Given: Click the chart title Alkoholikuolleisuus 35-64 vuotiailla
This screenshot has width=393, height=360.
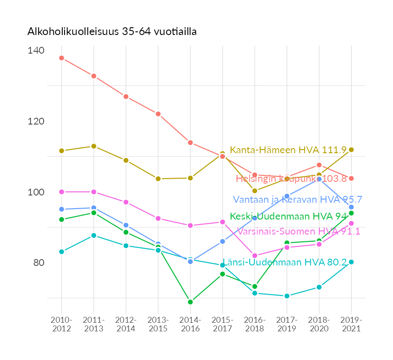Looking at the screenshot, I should pos(112,32).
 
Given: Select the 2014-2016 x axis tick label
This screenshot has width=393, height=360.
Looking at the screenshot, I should pos(190,324).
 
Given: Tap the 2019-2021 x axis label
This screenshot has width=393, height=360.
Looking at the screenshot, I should pos(351,324).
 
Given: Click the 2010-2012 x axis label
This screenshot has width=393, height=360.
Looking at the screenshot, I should pos(61,324).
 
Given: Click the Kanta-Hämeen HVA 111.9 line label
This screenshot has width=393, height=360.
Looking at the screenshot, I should pos(288,150).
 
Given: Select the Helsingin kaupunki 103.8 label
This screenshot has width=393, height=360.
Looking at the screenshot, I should pos(291,179).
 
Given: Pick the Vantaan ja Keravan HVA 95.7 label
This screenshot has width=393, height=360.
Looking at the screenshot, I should pos(297,200).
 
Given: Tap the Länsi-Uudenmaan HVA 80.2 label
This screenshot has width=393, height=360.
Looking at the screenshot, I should pos(284,262).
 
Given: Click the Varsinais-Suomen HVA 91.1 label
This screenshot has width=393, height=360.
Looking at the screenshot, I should pos(298,231).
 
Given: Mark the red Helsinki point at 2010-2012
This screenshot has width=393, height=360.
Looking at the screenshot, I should pos(61,58).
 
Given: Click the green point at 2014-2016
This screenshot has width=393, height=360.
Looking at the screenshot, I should pos(190,302).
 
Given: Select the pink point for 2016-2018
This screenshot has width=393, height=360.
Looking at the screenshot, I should pos(255,255).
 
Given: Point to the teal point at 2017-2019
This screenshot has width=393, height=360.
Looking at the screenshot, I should pos(287,296).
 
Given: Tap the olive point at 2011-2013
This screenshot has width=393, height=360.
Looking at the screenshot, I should pos(94,146).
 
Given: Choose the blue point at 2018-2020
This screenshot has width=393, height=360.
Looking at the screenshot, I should pos(319,179).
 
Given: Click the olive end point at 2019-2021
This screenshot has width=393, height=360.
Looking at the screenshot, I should pos(351,150).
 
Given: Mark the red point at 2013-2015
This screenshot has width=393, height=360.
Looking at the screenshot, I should pos(158,114).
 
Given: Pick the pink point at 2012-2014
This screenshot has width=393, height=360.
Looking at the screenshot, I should pos(126,202).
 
